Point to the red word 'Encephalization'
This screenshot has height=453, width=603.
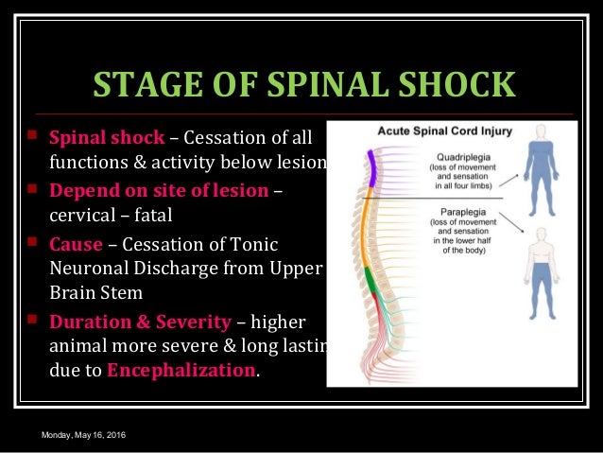tap(181, 369)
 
